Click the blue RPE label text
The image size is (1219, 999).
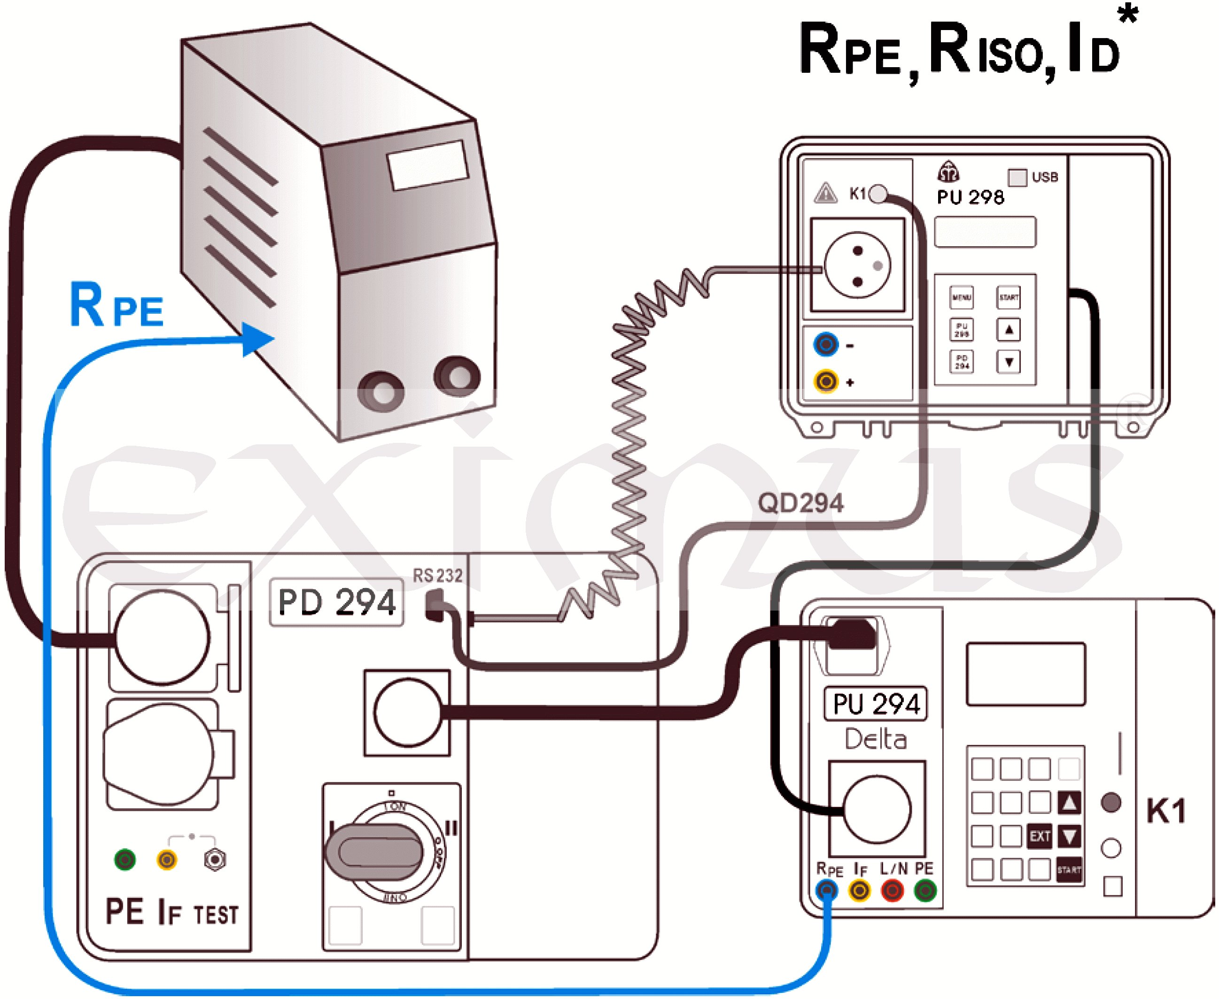point(117,306)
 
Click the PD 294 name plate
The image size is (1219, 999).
point(337,603)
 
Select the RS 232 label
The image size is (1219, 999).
point(437,575)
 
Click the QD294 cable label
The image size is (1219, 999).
point(800,503)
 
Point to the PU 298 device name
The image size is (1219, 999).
point(971,197)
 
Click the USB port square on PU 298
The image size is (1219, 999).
point(1017,177)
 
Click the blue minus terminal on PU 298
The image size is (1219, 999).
point(826,345)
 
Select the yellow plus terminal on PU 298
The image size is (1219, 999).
point(826,381)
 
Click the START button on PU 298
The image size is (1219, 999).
point(1009,297)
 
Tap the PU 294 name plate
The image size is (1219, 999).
point(876,704)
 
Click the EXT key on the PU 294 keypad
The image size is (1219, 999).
point(1040,836)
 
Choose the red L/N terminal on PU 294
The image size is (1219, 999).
point(892,891)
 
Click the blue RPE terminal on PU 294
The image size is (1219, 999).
point(827,891)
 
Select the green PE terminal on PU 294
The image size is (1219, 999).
point(925,891)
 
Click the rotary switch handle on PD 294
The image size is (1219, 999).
point(377,852)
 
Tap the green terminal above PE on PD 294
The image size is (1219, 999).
point(125,860)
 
